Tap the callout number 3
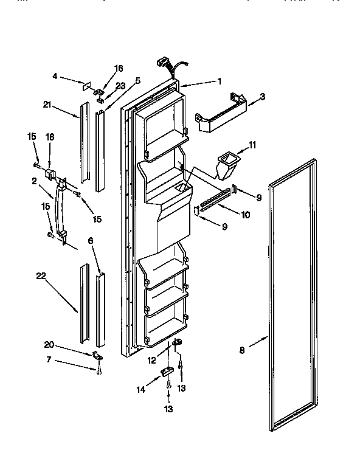coord(261,96)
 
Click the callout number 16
coord(118,69)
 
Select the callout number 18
coord(50,138)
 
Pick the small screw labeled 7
coord(99,369)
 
